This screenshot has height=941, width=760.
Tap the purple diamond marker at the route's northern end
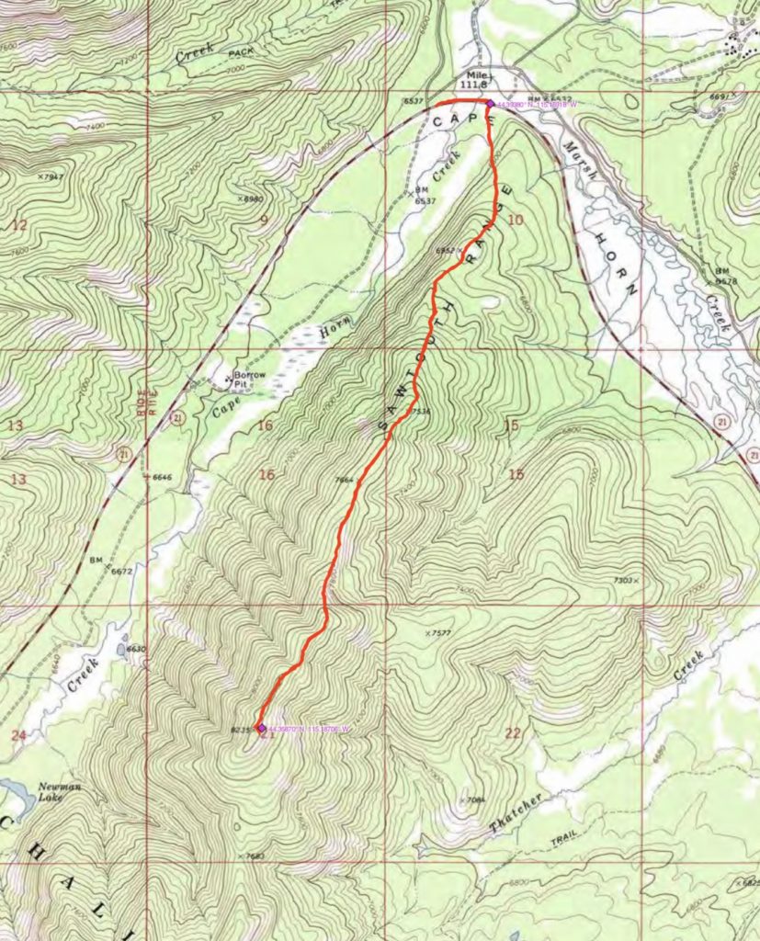489,104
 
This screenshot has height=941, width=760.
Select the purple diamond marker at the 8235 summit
261,728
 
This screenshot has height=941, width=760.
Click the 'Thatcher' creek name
516,814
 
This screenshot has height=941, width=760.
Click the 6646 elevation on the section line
162,478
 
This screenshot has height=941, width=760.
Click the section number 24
17,734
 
